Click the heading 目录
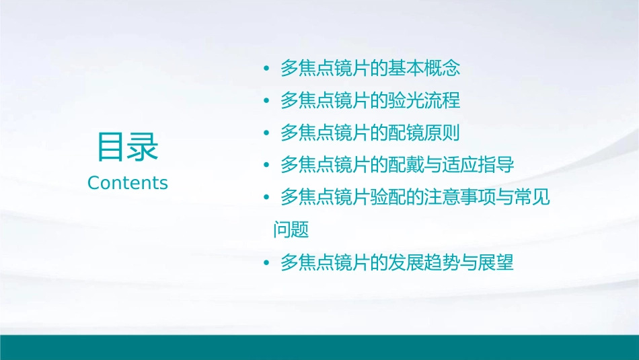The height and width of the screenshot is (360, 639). (x=128, y=147)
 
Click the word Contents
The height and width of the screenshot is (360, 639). (x=128, y=183)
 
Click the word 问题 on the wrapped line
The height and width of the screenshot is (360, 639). (x=291, y=230)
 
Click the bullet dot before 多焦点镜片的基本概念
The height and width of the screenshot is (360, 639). (x=267, y=69)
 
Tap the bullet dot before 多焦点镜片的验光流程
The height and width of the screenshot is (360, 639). (x=267, y=102)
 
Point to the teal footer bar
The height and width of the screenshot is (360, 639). (x=319, y=347)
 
